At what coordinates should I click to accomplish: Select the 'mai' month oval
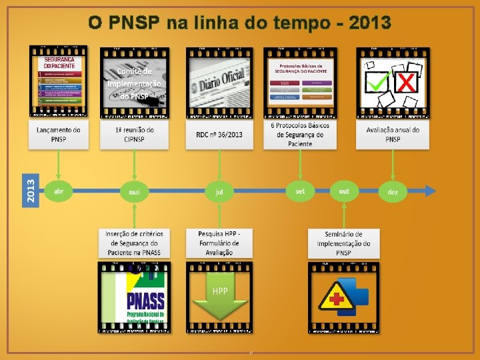point(135,192)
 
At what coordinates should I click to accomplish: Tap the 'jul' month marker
point(219,192)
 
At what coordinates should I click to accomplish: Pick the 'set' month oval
point(300,191)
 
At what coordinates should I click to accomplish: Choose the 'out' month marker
point(344,191)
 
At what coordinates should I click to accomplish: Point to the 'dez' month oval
point(393,192)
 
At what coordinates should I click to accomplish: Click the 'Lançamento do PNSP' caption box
point(59,134)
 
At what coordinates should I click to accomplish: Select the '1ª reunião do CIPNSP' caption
point(135,134)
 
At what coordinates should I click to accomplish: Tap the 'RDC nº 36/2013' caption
point(219,134)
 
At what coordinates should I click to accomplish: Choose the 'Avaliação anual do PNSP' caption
point(393,134)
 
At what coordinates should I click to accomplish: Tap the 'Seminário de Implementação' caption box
point(343,243)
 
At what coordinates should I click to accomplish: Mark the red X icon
point(407,82)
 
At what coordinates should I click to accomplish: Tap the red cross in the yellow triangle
point(337,298)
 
